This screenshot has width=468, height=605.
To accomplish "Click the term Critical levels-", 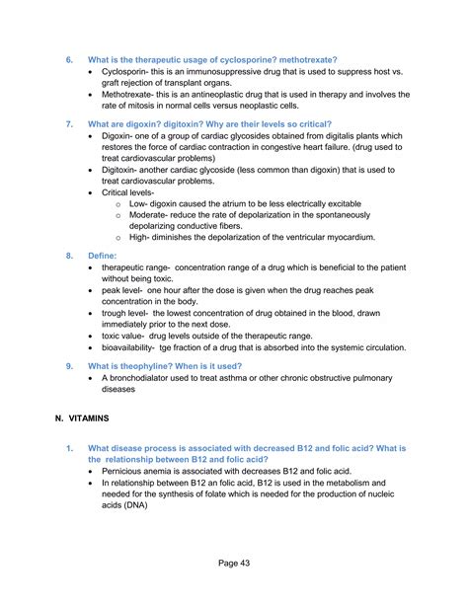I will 134,193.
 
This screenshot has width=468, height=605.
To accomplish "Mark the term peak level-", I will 129,290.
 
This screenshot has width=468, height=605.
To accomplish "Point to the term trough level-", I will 134,314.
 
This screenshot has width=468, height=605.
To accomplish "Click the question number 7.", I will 70,125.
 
